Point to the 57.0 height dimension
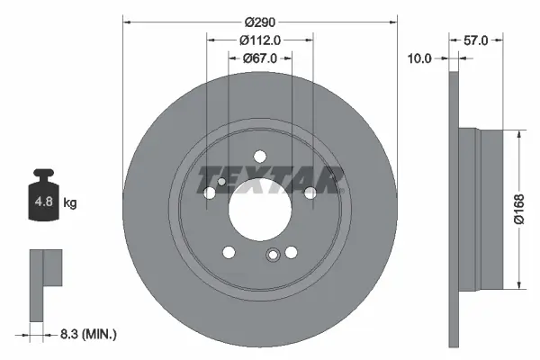476,40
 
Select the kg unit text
70,203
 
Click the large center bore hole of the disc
260,209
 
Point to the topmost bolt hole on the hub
260,155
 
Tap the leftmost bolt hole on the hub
210,193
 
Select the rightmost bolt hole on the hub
310,193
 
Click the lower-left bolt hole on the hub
229,251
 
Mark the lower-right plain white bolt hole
291,251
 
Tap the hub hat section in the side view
477,209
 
